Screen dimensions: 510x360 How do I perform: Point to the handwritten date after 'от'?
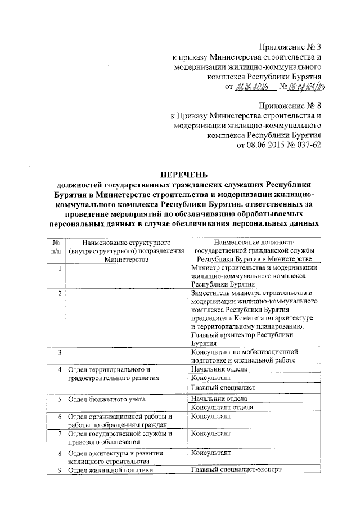coord(254,87)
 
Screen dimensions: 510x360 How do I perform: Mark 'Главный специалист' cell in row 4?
coord(223,387)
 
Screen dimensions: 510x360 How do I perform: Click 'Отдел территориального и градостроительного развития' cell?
coord(110,374)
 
